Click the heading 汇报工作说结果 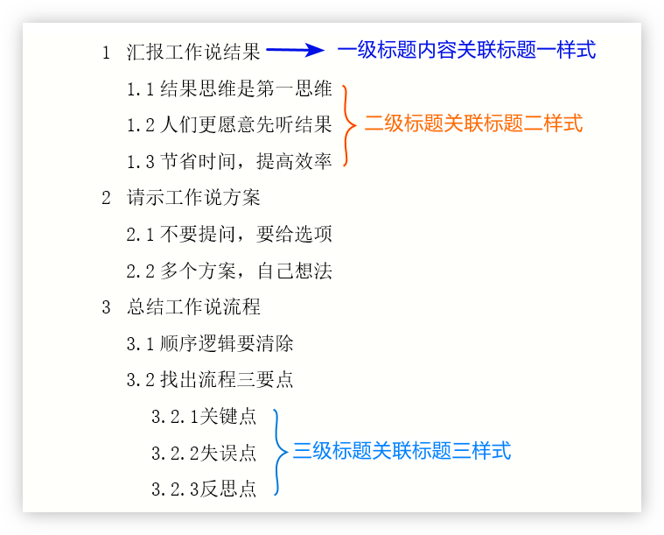click(x=193, y=53)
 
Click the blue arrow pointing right click(x=295, y=51)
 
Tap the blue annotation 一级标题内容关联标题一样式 click(x=466, y=50)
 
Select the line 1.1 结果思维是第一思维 click(x=229, y=88)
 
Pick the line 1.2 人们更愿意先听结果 click(x=229, y=125)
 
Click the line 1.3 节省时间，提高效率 click(x=229, y=162)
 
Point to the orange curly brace click(x=349, y=125)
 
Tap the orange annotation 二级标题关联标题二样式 click(x=473, y=123)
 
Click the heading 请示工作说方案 click(x=193, y=198)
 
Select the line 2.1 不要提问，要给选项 click(x=229, y=235)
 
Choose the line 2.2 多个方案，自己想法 click(x=229, y=271)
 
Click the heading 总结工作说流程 click(x=193, y=307)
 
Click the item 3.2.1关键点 click(x=204, y=417)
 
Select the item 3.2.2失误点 click(x=204, y=453)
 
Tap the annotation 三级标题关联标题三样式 click(x=402, y=451)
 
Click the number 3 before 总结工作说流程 click(x=107, y=307)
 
